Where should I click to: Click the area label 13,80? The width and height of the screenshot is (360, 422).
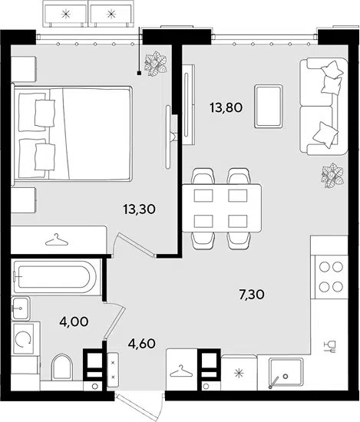coord(226,108)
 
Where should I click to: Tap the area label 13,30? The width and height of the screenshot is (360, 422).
coord(139,209)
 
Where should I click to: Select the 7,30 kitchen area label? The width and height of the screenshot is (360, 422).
coord(252,295)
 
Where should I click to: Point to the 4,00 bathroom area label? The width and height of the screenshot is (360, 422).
coord(74,321)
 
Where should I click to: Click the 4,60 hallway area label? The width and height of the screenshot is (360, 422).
coord(141,344)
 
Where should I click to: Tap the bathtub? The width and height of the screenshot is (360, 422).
coord(55,276)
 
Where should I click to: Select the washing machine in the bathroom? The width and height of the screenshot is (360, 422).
coord(23,338)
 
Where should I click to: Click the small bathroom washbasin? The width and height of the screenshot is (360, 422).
coord(20,308)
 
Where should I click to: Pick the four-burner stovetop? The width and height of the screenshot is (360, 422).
coord(331,277)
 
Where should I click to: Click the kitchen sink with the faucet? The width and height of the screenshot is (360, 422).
coord(286,374)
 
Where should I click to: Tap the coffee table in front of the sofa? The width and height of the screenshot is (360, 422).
coord(269,106)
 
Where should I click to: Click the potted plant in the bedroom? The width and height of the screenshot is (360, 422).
coord(156,64)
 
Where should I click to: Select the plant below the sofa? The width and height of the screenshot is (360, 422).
coord(332,174)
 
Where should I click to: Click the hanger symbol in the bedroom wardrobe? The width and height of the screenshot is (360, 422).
coord(57,240)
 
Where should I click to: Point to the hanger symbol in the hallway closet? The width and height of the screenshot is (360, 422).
coord(181,371)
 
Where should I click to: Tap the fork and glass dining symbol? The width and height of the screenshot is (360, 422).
coord(330,347)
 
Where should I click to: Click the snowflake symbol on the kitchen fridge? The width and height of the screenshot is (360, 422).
coord(239,374)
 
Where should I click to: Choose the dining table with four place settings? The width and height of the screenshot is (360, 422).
coord(222,208)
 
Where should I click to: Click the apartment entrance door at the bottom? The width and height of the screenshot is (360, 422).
coord(140,404)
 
